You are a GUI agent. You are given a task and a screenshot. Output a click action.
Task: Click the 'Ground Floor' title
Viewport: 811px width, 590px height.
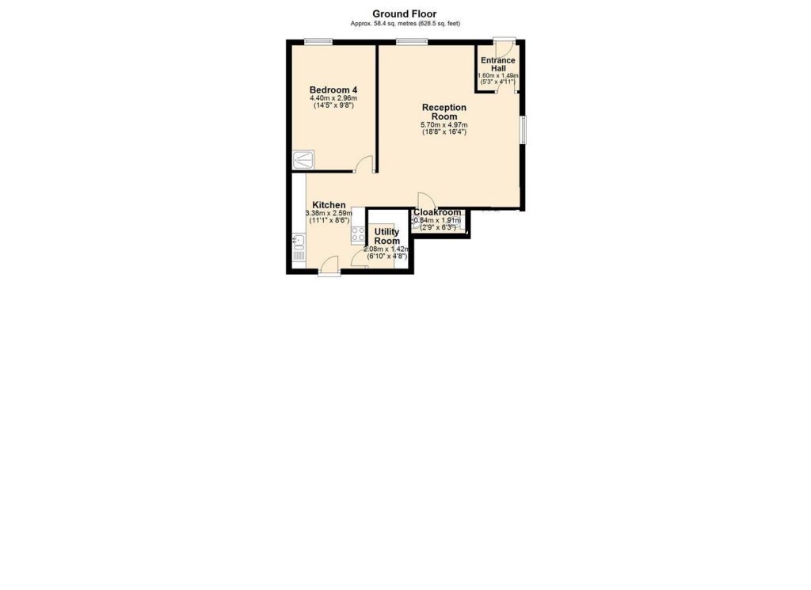(x=405, y=14)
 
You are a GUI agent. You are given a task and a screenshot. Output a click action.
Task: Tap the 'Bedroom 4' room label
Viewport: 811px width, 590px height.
(x=333, y=89)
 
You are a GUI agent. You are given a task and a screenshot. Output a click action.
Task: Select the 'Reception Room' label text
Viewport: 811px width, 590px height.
(x=444, y=112)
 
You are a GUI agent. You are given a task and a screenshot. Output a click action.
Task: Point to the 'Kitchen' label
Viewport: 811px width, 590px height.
(x=329, y=205)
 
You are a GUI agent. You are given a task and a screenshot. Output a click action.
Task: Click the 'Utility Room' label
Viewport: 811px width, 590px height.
(x=386, y=236)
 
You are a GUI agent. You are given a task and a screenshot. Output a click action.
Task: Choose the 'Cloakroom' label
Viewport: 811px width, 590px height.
(x=437, y=212)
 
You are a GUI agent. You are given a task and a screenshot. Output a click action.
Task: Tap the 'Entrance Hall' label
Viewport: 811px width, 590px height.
(x=498, y=64)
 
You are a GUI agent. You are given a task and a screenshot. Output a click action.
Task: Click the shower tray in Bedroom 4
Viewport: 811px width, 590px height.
(x=303, y=160)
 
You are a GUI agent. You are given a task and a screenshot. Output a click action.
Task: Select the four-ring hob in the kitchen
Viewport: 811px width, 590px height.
(x=358, y=234)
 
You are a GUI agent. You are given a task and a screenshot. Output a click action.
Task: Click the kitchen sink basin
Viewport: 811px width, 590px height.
(x=298, y=241)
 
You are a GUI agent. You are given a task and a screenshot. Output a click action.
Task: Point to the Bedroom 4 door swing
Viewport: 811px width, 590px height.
(x=364, y=164)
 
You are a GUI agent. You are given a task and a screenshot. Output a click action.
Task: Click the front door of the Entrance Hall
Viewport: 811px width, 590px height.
(x=503, y=48)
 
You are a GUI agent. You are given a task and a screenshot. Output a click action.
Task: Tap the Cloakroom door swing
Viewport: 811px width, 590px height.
(x=427, y=200)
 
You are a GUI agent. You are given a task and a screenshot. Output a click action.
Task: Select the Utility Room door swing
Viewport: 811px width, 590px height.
(x=359, y=258)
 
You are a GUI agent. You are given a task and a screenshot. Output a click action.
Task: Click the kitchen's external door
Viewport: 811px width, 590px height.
(x=329, y=265)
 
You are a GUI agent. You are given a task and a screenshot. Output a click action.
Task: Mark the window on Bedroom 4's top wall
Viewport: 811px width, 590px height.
(x=318, y=42)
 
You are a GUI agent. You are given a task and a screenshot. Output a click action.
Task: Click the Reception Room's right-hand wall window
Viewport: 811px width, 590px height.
(x=524, y=130)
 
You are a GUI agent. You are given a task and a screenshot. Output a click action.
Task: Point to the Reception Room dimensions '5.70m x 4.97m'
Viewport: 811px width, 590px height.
(x=444, y=125)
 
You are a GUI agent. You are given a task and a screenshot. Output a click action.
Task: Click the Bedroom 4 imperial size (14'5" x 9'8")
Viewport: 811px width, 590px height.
(x=333, y=105)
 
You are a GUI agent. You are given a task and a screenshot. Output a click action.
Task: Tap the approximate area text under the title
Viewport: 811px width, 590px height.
(x=405, y=23)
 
